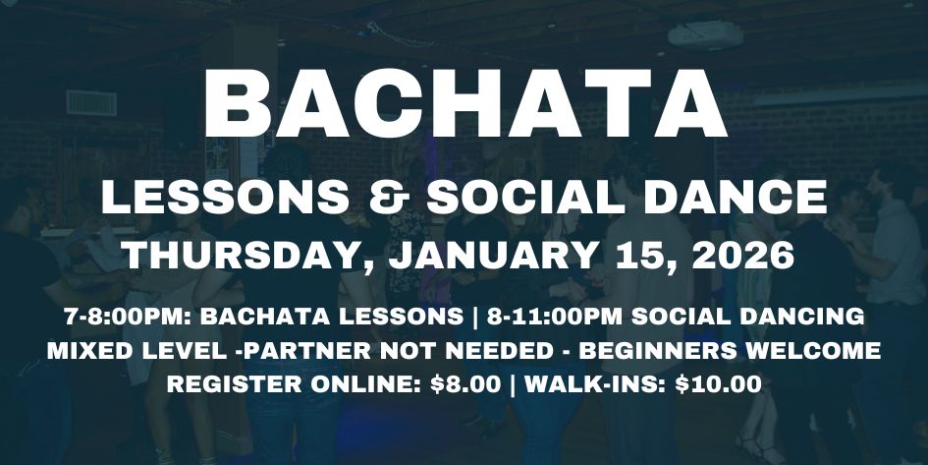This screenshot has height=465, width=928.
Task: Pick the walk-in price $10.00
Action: click(x=718, y=384)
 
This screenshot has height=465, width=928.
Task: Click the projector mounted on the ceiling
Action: click(x=705, y=35)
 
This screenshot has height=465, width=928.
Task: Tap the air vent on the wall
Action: click(x=90, y=102)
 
